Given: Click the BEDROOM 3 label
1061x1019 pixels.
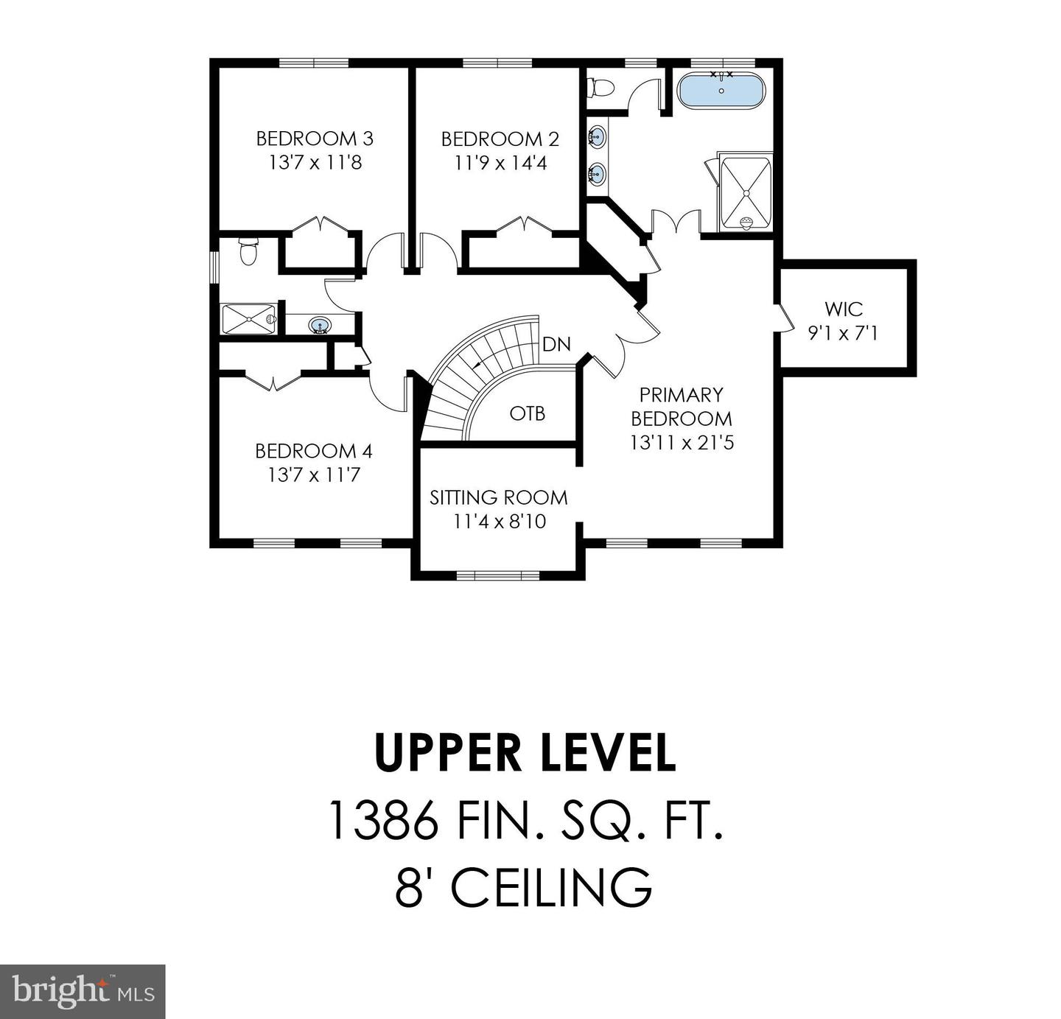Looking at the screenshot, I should tap(315, 139).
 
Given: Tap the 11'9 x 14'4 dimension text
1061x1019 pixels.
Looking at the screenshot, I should tap(500, 163).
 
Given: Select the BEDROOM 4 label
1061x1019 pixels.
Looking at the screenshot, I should tap(314, 451).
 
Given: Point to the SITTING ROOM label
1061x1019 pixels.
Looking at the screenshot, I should tap(499, 498).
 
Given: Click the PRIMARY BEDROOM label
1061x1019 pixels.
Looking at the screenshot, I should tap(682, 407).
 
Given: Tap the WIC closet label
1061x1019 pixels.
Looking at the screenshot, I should tap(844, 309).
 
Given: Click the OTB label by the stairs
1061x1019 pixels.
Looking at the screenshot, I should tap(528, 414).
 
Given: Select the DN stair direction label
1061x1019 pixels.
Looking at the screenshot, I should tap(556, 345).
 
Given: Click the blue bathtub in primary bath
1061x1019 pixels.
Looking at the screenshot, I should tap(721, 91).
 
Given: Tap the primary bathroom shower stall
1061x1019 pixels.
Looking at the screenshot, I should tap(746, 193).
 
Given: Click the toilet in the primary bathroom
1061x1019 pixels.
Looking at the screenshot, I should tap(600, 88).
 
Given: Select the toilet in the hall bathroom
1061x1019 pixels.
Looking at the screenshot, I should tap(248, 253).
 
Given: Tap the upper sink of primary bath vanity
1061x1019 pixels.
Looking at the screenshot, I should tap(597, 137).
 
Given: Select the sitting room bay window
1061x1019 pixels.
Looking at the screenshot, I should tap(497, 575).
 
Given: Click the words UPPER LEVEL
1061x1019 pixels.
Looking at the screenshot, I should tap(525, 753).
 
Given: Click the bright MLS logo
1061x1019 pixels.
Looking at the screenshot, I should tap(83, 992).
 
